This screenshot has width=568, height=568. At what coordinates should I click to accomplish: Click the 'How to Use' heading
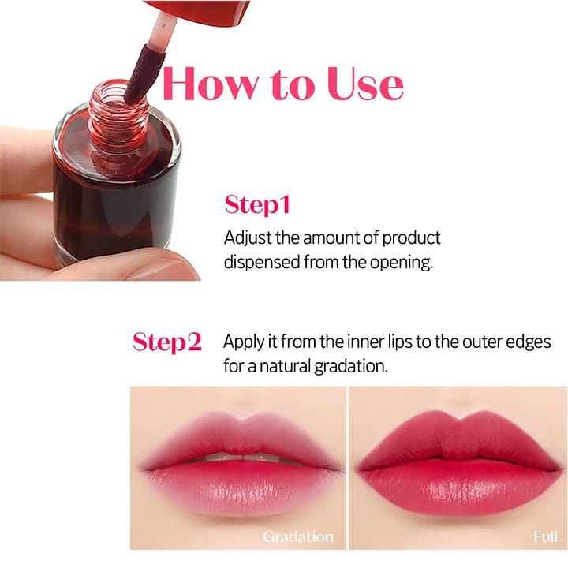tap(282, 85)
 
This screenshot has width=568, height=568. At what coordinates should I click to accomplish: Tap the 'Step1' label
tap(257, 205)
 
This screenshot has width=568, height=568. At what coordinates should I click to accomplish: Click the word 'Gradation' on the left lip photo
tap(298, 536)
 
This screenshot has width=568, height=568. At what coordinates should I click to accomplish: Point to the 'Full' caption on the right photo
tap(544, 536)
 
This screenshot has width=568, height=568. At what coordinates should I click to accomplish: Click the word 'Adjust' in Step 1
tap(246, 238)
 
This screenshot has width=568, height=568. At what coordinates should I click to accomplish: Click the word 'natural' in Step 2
tap(286, 367)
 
